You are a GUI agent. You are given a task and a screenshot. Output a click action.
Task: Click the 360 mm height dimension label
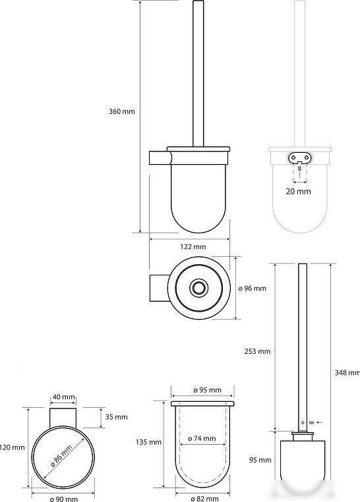(122, 111)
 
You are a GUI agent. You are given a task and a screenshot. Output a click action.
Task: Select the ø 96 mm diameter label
(252, 289)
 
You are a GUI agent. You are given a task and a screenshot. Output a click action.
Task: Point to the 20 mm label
(298, 192)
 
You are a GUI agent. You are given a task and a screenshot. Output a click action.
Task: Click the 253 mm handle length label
(258, 351)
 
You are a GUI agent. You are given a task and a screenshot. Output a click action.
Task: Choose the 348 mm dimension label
(347, 373)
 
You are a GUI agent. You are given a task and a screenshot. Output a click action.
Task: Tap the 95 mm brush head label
(260, 460)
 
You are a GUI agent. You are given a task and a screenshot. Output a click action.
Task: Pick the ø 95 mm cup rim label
(207, 390)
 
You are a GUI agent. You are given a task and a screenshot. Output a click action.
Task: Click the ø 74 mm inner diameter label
(202, 439)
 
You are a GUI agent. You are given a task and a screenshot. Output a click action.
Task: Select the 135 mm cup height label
(148, 442)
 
